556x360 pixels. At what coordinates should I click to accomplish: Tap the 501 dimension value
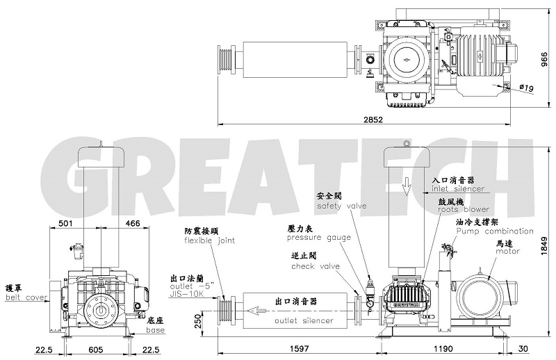(x=66, y=224)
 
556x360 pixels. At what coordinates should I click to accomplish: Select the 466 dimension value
(x=130, y=224)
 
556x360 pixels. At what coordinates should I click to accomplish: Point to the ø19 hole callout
(x=526, y=87)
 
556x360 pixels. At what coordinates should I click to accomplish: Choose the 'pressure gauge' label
(x=309, y=237)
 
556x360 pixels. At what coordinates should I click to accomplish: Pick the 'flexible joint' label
(x=209, y=240)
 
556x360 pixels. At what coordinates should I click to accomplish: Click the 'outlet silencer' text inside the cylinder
(x=304, y=320)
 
